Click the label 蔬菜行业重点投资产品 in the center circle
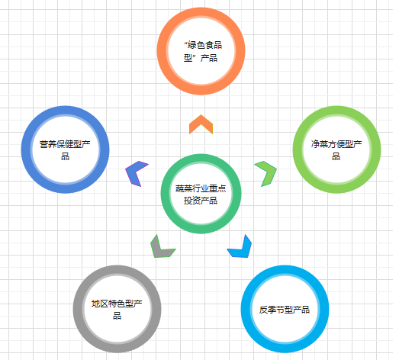(x=201, y=194)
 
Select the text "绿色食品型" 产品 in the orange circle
(x=201, y=52)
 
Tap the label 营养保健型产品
(x=65, y=150)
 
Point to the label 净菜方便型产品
(x=336, y=150)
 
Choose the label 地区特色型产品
(x=117, y=310)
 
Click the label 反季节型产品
(x=285, y=310)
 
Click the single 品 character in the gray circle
(x=117, y=316)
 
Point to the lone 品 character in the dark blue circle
(x=65, y=156)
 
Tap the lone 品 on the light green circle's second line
(x=336, y=156)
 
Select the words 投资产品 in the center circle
(x=201, y=201)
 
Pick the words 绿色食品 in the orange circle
(x=205, y=45)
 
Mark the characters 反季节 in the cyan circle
(x=272, y=310)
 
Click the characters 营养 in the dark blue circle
(x=48, y=144)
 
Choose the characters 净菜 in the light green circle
(x=320, y=144)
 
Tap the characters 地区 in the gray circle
(x=100, y=304)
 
